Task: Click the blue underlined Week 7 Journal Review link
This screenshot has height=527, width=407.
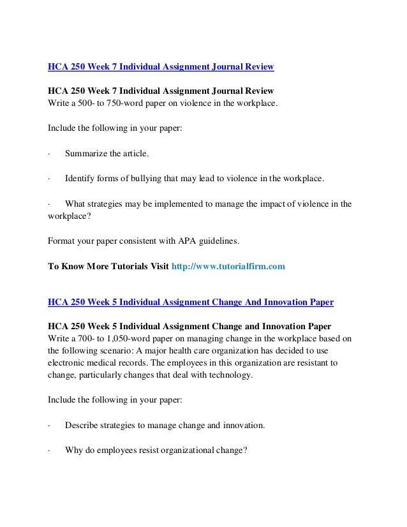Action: (161, 66)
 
